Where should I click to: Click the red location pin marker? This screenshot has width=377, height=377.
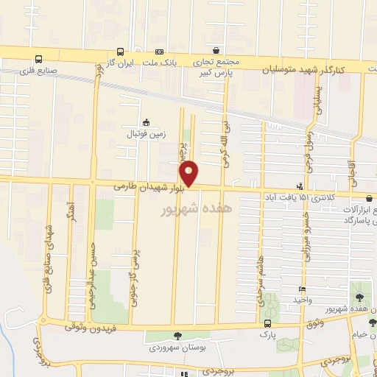point(190,174)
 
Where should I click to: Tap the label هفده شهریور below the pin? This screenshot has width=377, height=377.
point(191,209)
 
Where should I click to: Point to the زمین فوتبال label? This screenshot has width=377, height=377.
point(146,134)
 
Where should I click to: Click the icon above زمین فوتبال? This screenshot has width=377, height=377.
point(146,123)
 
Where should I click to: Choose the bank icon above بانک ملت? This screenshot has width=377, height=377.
point(158,52)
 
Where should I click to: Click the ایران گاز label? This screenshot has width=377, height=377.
point(120,64)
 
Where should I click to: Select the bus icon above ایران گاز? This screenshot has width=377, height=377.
point(119,52)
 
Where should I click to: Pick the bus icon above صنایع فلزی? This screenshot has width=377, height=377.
point(38,59)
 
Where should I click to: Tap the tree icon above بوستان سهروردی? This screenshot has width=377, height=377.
point(177,335)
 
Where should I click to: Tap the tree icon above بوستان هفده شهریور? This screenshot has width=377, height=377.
point(359,297)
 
